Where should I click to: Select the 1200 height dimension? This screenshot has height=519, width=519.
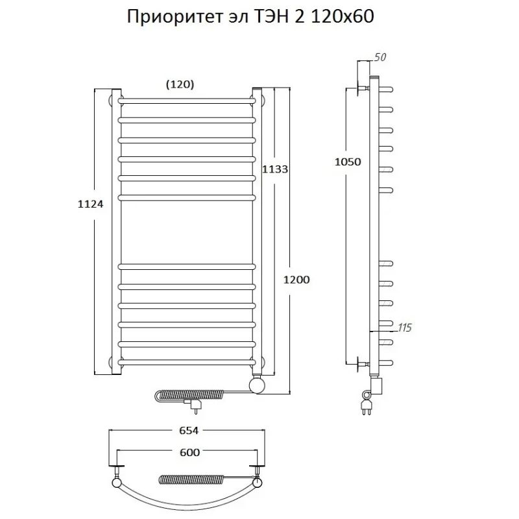(296, 280)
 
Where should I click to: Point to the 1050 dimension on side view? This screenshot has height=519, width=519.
(347, 162)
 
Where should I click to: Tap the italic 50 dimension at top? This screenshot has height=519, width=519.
(381, 58)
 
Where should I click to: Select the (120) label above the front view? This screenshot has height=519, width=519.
(180, 84)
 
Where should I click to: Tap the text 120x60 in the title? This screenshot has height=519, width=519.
(344, 18)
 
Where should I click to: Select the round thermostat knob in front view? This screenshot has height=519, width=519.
(258, 385)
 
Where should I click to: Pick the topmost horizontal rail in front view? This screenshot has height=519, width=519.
(187, 101)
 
